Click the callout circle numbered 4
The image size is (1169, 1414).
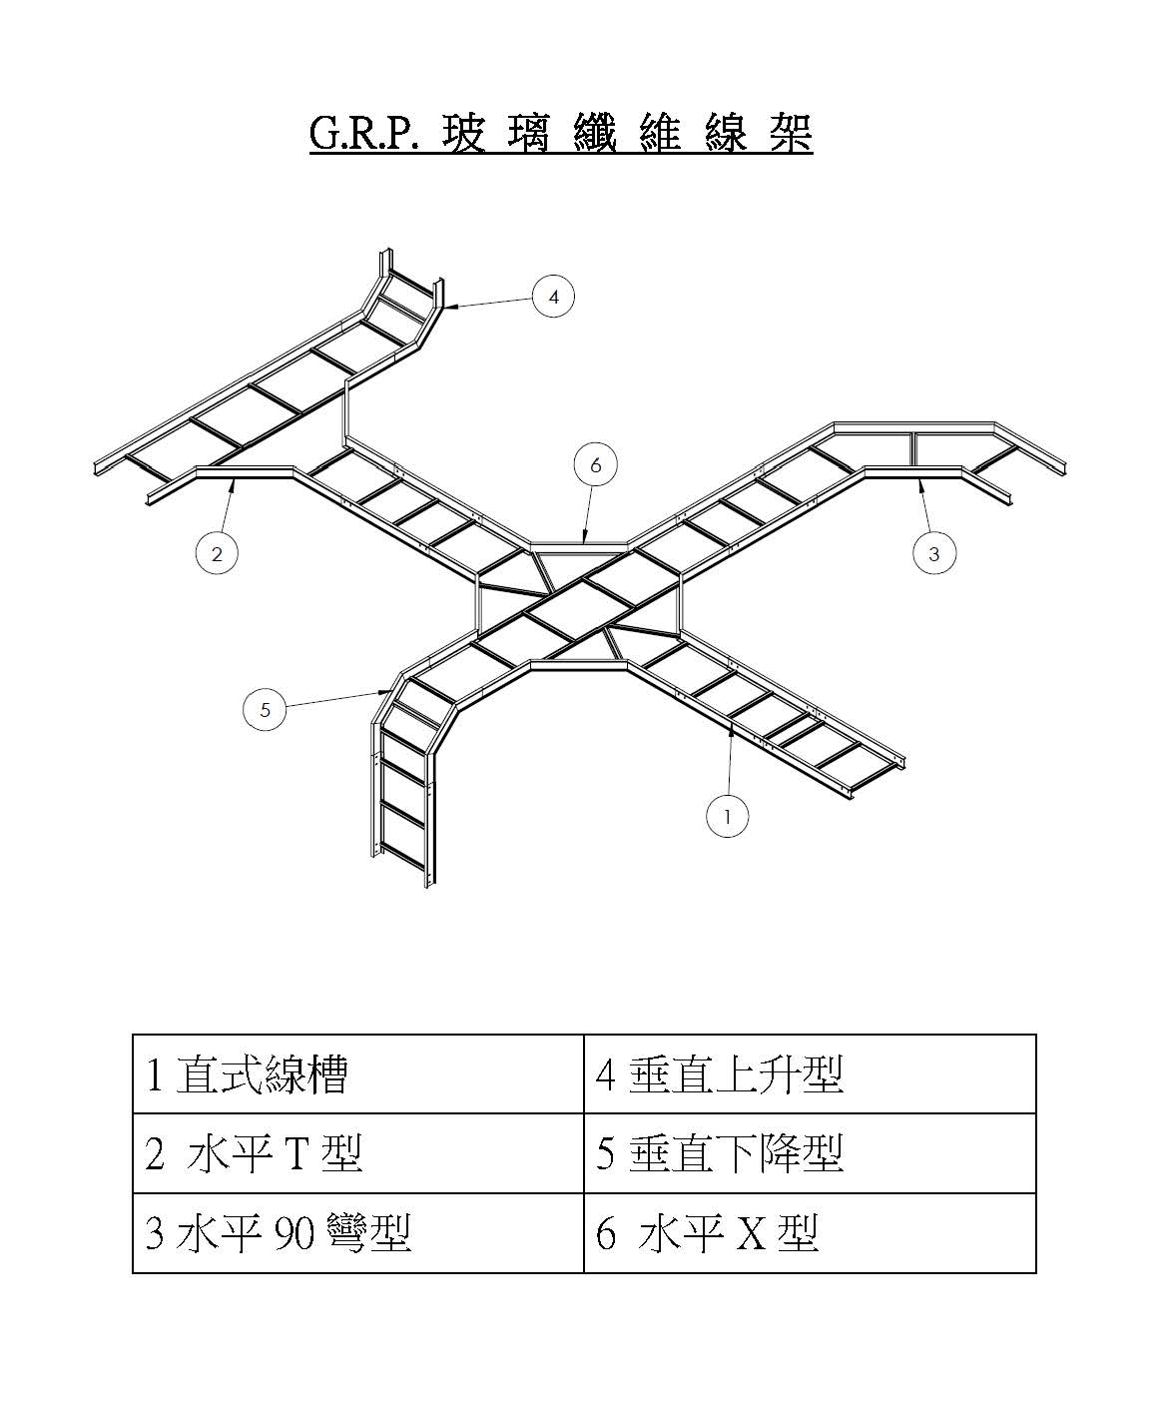pyautogui.click(x=554, y=297)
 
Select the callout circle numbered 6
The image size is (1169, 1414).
pyautogui.click(x=596, y=464)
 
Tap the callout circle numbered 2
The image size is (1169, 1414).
pyautogui.click(x=217, y=552)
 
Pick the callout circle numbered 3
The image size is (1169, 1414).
pyautogui.click(x=934, y=553)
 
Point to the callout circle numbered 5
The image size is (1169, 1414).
pyautogui.click(x=265, y=710)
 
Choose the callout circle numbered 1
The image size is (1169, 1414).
pyautogui.click(x=728, y=816)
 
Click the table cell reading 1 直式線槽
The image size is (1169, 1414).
pyautogui.click(x=357, y=1074)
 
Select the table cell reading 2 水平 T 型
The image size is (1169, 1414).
pyautogui.click(x=357, y=1153)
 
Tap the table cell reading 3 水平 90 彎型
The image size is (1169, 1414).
pyautogui.click(x=357, y=1233)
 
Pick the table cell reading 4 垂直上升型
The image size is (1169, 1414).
pyautogui.click(x=809, y=1074)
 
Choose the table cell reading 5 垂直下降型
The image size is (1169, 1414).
pyautogui.click(x=809, y=1153)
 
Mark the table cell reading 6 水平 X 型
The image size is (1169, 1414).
pyautogui.click(x=809, y=1233)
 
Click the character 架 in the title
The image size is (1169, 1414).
pyautogui.click(x=790, y=134)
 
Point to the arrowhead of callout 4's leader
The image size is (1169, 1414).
pyautogui.click(x=446, y=308)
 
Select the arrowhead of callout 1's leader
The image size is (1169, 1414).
pyautogui.click(x=732, y=730)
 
